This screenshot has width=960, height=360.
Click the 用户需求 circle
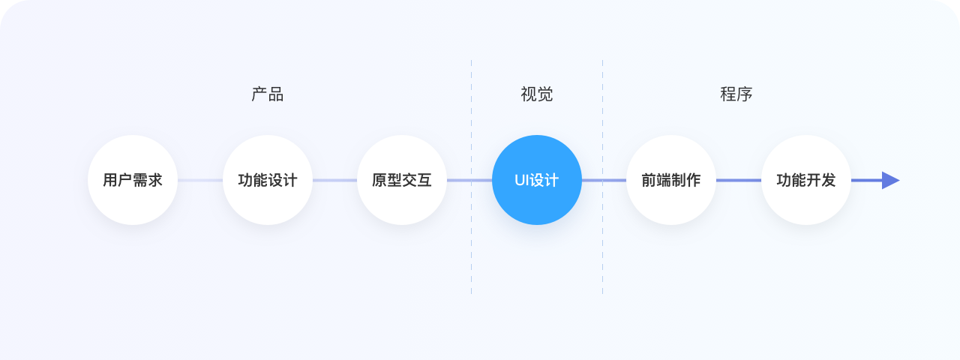133,180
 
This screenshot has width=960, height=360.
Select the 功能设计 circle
268,180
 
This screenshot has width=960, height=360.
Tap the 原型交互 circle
402,180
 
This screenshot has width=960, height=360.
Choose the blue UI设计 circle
537,180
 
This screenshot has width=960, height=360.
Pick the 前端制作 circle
671,180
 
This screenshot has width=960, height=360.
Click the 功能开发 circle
806,180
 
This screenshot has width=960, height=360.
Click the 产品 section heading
268,94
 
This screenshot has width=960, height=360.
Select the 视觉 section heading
537,94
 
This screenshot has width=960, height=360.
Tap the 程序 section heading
736,94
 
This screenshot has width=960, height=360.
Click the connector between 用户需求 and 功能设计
200,180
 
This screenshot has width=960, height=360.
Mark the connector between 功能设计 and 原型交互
334,180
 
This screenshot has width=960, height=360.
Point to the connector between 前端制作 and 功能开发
739,180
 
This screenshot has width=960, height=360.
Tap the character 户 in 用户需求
125,181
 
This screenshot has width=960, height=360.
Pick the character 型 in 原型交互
394,181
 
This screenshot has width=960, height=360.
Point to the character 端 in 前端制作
664,181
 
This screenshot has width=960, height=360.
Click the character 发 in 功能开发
829,181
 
